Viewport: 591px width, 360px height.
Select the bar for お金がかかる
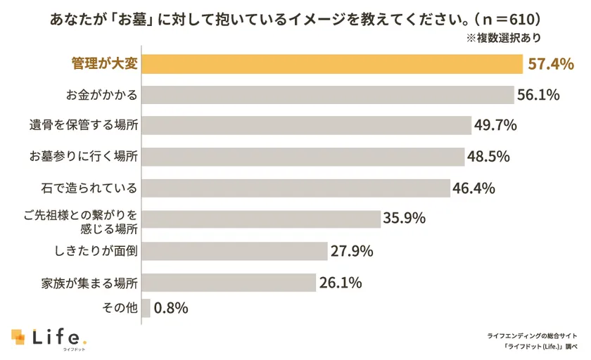coord(328,95)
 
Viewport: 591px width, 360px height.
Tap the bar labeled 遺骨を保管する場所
coord(306,126)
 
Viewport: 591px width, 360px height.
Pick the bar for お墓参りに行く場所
coord(303,157)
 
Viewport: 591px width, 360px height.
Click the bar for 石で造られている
coord(296,188)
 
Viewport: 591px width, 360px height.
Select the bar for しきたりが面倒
coord(235,251)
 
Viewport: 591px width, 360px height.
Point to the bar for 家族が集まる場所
coord(229,283)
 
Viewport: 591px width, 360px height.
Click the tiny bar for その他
coord(146,308)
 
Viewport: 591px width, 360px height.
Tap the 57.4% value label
coord(551,64)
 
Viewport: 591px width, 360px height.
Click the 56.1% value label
coord(538,95)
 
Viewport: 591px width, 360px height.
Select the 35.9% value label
coord(404,219)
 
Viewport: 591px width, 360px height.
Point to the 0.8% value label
coord(171,308)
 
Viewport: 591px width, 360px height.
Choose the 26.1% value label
coord(341,283)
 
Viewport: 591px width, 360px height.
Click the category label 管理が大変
coord(105,64)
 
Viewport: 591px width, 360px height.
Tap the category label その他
coord(119,308)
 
